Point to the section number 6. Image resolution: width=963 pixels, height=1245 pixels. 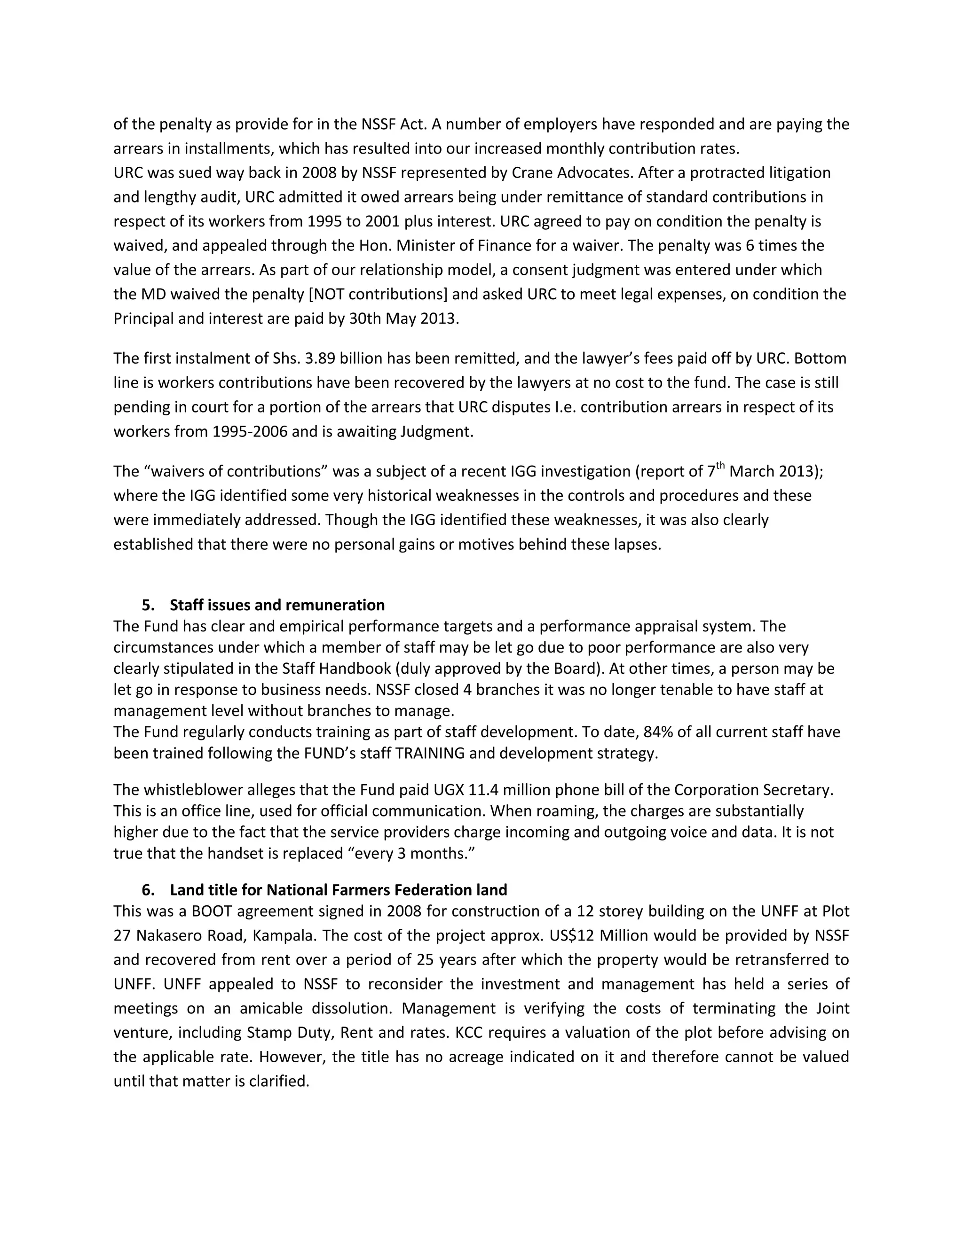click(x=148, y=890)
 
